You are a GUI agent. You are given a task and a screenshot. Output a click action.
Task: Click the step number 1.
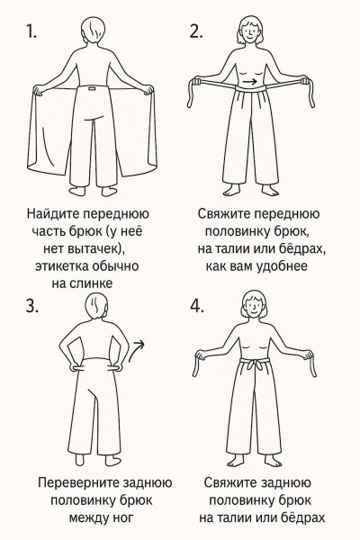[x=31, y=33]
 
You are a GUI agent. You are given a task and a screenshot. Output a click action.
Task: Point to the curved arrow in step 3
[x=139, y=344]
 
